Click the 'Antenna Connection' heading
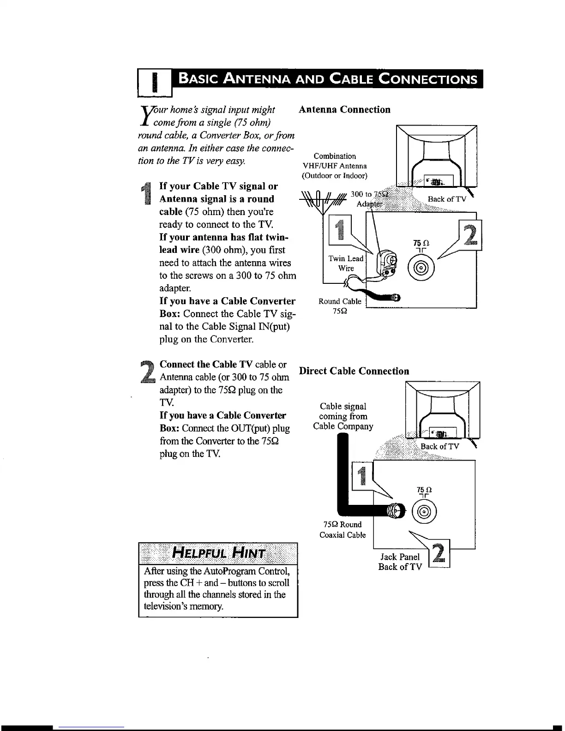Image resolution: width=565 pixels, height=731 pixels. (344, 109)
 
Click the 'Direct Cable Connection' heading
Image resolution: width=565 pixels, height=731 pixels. (354, 371)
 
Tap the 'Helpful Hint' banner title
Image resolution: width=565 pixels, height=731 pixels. (218, 553)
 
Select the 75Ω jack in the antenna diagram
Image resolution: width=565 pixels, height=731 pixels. (421, 268)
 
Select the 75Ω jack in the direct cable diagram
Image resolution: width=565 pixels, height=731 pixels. (424, 511)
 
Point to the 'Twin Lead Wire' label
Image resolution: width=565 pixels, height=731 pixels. (346, 264)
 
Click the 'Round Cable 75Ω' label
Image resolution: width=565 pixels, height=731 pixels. (340, 306)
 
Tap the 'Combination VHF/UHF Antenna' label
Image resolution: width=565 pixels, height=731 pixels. (335, 166)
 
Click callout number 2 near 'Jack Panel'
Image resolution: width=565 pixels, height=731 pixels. (439, 554)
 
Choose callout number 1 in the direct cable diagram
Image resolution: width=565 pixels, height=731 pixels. (362, 476)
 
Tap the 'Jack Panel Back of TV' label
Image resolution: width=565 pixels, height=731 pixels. (400, 562)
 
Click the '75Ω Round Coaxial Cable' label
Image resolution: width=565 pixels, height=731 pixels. (343, 529)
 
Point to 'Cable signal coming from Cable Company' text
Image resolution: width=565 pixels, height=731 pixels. (343, 416)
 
